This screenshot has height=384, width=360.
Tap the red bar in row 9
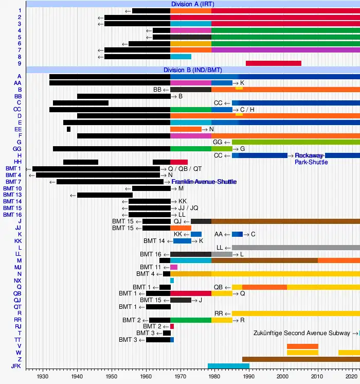273,63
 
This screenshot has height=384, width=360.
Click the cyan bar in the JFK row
228,366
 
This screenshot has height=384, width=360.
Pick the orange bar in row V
302,346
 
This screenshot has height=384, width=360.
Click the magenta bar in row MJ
174,267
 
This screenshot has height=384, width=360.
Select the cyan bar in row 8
181,57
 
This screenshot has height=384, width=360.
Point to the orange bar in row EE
186,129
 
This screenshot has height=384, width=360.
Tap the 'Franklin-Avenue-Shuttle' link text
204,182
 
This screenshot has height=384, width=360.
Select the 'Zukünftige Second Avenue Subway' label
302,333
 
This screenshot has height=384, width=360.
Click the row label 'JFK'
14,366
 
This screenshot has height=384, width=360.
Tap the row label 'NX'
18,281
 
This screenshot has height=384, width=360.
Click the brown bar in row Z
301,359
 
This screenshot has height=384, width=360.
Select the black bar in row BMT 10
151,188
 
